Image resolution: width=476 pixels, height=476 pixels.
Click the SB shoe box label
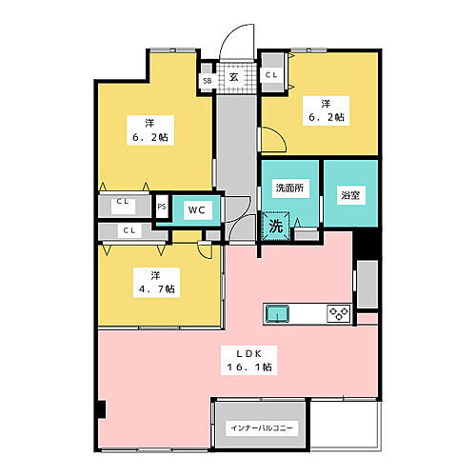pos(207,82)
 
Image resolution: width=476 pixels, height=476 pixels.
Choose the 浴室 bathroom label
pos(349,194)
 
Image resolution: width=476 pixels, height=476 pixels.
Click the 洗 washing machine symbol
pos(275,227)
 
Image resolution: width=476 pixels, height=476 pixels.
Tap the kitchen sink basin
pos(278,312)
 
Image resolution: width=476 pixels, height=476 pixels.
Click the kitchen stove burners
pos(338,312)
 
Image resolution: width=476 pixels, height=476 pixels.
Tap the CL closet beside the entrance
pos(271,74)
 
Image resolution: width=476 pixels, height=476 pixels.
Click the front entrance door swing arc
pos(232,46)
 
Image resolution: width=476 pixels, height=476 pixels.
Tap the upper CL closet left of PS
pos(123,202)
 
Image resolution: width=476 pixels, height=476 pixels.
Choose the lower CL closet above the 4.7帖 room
pos(128,230)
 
